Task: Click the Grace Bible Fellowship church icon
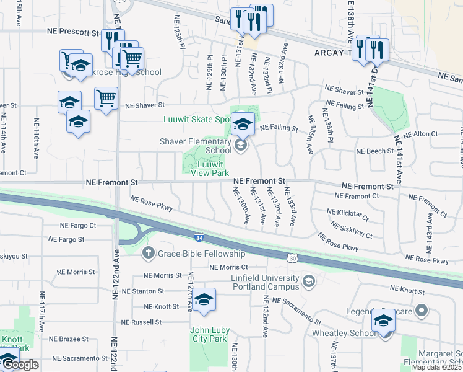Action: [148, 253]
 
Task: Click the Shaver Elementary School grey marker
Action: [241, 146]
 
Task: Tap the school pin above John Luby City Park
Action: [204, 300]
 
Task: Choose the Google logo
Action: [20, 365]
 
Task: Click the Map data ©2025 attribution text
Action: [436, 367]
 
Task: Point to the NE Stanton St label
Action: [143, 291]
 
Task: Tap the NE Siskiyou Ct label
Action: [350, 231]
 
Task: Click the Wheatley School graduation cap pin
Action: [384, 321]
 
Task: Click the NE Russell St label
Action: [141, 322]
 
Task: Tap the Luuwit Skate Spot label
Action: [197, 119]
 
